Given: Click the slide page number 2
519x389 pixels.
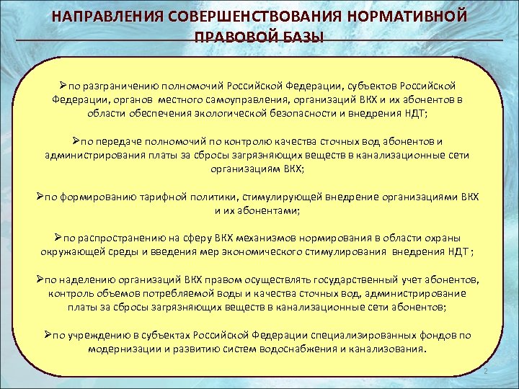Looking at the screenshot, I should coord(485,370).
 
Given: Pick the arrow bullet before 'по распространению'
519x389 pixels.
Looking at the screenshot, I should coord(58,238).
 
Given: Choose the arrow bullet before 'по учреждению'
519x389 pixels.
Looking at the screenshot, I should coord(48,334).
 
